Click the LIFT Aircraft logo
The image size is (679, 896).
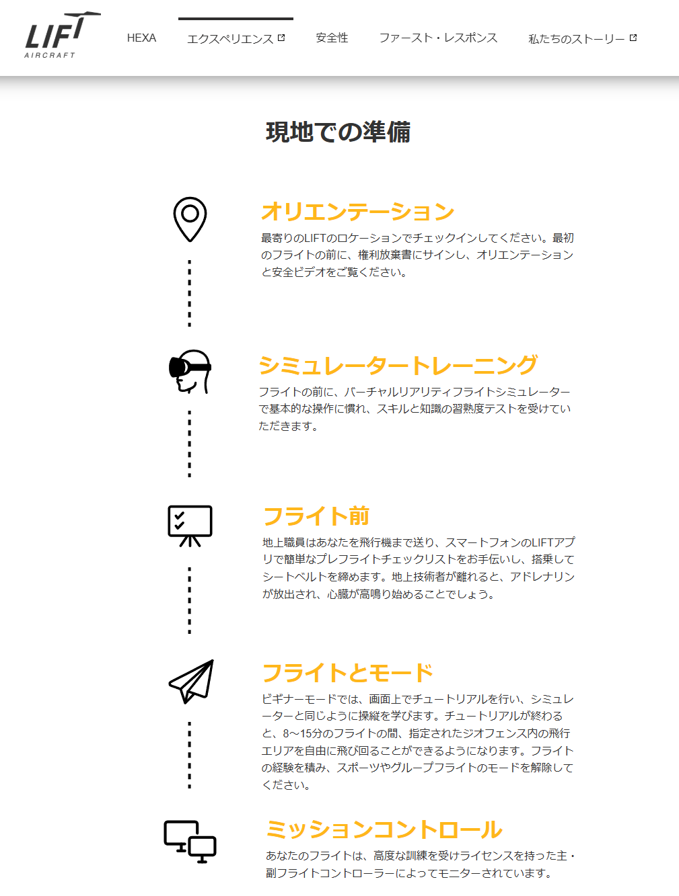point(62,35)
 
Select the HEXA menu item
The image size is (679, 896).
point(141,38)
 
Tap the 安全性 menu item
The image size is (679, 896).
point(332,38)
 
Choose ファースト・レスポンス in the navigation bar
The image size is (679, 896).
point(438,38)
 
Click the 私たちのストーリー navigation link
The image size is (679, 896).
point(577,39)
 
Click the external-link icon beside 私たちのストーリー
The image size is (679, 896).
point(633,38)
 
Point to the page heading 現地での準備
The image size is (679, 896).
point(338,132)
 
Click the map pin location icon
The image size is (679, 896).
point(190,219)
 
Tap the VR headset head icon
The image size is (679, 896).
point(190,372)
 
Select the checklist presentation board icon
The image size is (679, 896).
point(190,526)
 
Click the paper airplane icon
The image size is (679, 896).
point(191,682)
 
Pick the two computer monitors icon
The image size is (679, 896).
point(190,842)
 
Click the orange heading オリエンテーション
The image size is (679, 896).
point(358,211)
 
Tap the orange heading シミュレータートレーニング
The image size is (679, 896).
point(398,365)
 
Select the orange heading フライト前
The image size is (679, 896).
point(316,516)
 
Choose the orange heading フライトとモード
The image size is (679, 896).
point(348,673)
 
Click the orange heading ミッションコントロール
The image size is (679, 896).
point(384,829)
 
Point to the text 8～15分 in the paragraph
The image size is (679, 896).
point(303,733)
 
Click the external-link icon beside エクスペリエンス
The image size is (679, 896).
point(281,38)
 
